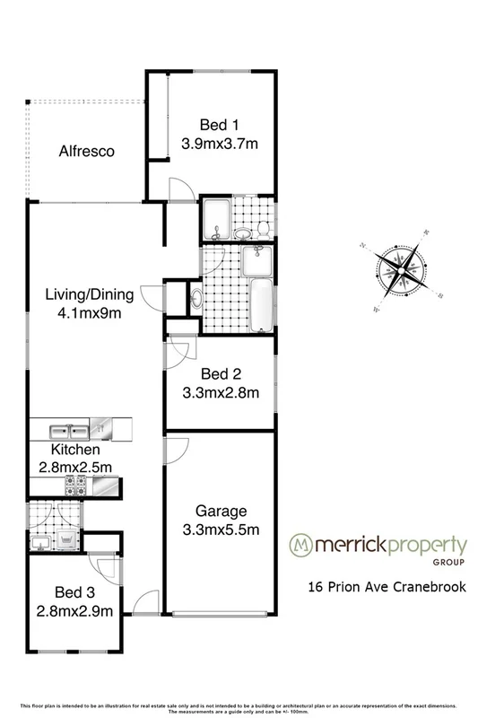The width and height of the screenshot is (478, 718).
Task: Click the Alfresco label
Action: (x=86, y=152)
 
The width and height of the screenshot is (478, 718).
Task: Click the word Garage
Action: (x=219, y=512)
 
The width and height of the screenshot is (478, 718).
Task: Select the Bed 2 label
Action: (x=219, y=374)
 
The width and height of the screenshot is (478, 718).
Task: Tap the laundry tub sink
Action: (x=40, y=541)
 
